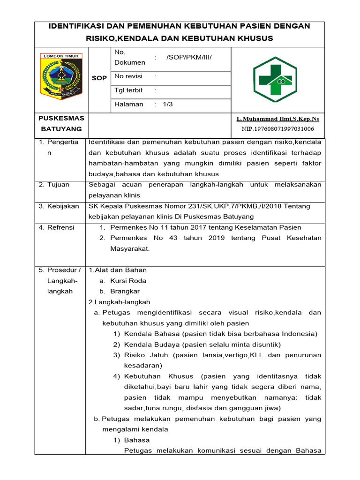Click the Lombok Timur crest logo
click(x=61, y=75)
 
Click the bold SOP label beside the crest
click(x=99, y=78)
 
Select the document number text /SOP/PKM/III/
click(x=189, y=57)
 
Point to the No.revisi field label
click(x=128, y=76)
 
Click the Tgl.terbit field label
click(x=128, y=90)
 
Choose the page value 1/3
click(x=168, y=104)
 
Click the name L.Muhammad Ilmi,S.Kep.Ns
click(x=277, y=119)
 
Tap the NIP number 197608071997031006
click(x=277, y=129)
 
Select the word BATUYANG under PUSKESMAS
click(x=61, y=129)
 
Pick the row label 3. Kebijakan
click(x=59, y=206)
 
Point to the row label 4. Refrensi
click(x=56, y=227)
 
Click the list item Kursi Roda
click(x=128, y=281)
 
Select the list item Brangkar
click(x=125, y=291)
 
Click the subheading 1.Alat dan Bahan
click(x=118, y=270)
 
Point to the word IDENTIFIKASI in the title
click(x=80, y=26)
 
